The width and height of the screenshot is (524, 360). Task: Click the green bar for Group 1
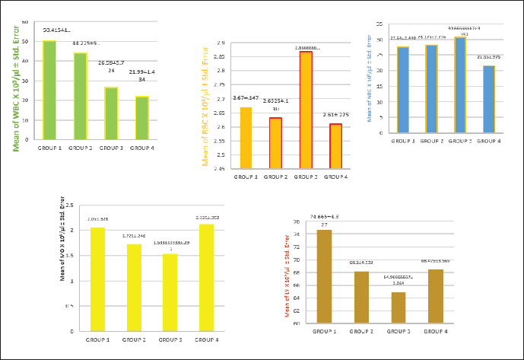(49, 90)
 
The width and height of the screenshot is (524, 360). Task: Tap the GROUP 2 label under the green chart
(80, 147)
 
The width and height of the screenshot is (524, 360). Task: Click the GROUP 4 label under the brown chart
(435, 332)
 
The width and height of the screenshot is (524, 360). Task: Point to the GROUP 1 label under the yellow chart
(98, 339)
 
